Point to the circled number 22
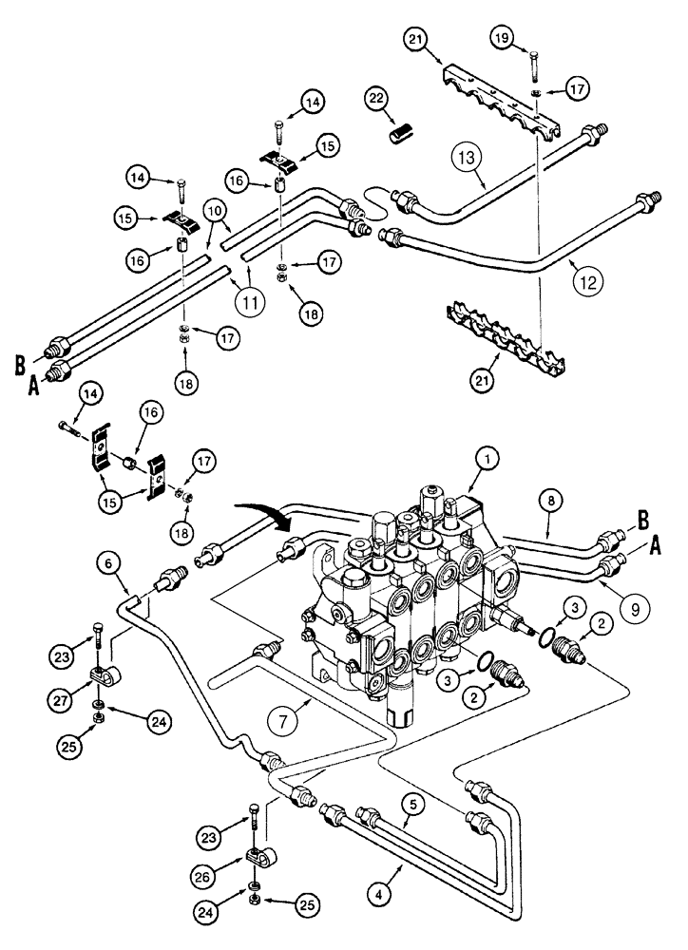(377, 99)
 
